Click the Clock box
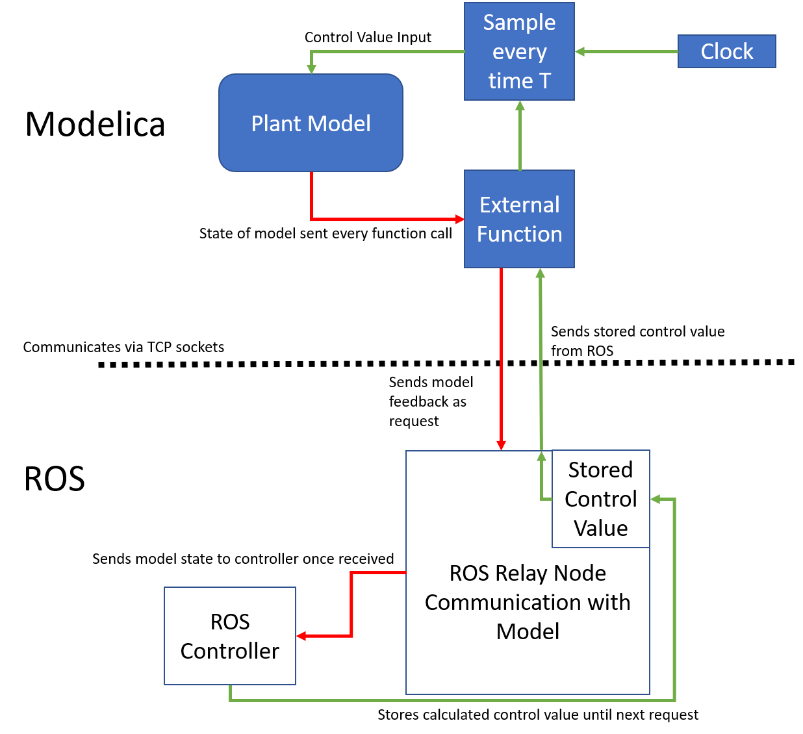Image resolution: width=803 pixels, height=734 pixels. click(x=726, y=51)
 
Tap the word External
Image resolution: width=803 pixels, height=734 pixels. click(x=519, y=205)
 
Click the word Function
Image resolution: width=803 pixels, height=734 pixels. click(x=519, y=234)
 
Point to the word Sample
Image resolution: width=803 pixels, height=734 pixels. click(x=519, y=23)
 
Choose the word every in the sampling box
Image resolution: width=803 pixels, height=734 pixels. click(x=519, y=52)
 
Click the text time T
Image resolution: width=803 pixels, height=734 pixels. click(x=519, y=81)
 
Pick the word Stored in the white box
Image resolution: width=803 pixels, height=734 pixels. click(x=600, y=470)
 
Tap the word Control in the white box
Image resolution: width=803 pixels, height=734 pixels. click(x=600, y=499)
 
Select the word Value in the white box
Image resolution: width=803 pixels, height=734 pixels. click(x=600, y=528)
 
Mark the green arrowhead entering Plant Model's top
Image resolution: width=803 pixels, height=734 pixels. click(x=311, y=68)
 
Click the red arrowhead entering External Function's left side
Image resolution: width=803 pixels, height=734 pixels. click(x=459, y=220)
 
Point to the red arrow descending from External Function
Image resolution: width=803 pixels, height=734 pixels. click(x=501, y=357)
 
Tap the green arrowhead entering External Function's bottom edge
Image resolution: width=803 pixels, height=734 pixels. click(x=540, y=273)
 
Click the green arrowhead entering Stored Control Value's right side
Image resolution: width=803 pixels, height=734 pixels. click(x=656, y=499)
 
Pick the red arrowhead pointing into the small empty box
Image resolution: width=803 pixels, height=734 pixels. click(x=301, y=636)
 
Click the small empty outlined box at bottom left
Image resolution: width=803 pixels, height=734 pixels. click(x=230, y=635)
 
